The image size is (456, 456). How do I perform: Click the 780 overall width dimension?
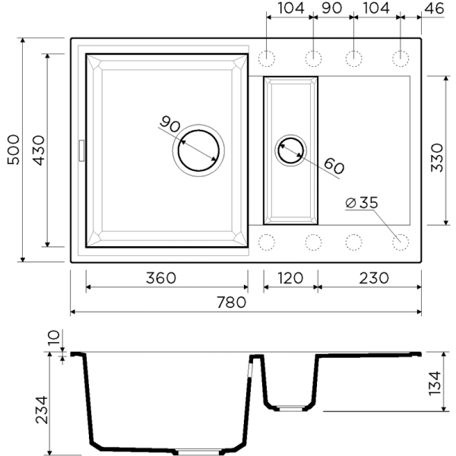230,302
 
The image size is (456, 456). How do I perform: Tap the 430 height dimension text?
38,150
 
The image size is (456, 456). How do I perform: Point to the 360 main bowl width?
160,278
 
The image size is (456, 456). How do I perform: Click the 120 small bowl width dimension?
290,278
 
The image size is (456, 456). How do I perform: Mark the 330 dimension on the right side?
437,150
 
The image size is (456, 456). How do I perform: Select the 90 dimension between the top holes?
333,8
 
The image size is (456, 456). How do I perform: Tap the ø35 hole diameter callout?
361,203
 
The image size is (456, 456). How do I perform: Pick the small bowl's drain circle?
291,150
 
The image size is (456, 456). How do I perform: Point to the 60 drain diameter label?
334,164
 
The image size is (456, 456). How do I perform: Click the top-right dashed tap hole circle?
401,58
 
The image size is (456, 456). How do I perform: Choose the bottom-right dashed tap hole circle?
401,242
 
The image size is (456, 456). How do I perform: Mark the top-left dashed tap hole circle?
268,58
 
